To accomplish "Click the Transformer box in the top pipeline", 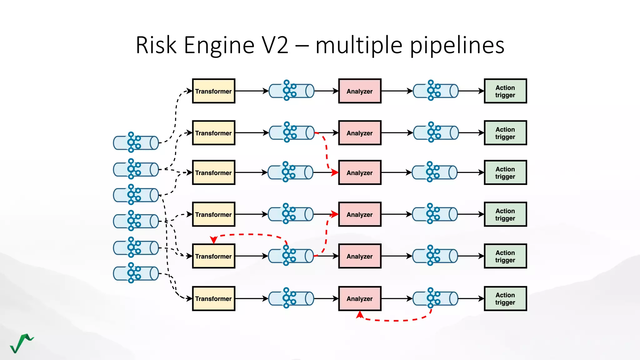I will tap(213, 91).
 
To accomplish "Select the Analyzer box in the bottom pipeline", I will tap(360, 298).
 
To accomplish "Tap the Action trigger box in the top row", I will tap(505, 91).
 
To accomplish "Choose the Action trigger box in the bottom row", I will tap(505, 298).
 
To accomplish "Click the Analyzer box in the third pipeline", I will tap(360, 172).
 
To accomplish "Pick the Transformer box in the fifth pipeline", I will tap(213, 256).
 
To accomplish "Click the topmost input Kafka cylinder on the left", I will tap(136, 142).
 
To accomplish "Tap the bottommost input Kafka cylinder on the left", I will tap(136, 273).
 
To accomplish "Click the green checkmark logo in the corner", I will tap(21, 343).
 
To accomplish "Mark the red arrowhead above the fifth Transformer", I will tap(213, 240).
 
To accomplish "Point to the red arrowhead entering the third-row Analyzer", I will tap(335, 172).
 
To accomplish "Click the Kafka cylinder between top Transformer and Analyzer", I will tap(292, 91).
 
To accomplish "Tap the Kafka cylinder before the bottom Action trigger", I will tap(435, 298).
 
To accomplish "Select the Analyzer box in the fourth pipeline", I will tap(360, 214).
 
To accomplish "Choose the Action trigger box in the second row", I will tap(505, 133).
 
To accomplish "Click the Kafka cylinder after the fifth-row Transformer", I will tap(291, 256).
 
